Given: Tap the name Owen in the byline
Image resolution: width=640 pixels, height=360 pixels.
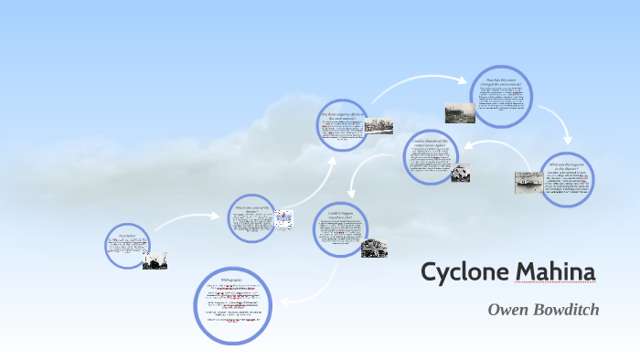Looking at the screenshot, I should [x=508, y=310].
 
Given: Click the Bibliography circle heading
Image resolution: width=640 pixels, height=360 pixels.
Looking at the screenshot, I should [x=232, y=277].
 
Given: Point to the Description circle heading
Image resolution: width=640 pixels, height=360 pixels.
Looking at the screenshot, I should [x=127, y=236].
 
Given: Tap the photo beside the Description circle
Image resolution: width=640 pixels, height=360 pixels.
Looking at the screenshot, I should [x=155, y=260].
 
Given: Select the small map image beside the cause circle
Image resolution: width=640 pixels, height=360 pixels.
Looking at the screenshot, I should [x=283, y=217].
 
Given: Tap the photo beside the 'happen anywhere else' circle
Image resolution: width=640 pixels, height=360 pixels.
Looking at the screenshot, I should [x=374, y=248].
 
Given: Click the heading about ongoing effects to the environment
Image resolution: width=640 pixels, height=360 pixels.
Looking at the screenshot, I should [x=343, y=116].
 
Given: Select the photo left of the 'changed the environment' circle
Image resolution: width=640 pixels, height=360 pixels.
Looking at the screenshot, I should [x=460, y=112].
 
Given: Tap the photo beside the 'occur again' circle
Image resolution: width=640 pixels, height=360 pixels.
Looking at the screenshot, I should [x=461, y=172].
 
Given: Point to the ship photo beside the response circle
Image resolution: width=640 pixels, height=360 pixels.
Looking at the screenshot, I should [x=528, y=182].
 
